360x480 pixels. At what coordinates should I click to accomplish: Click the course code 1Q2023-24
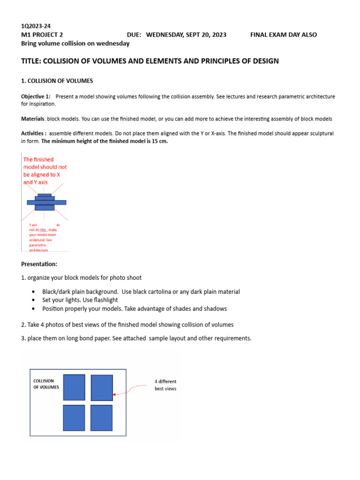click(x=36, y=26)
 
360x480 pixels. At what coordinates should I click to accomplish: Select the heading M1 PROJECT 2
click(x=42, y=35)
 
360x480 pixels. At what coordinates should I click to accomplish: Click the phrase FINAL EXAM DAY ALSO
click(x=284, y=35)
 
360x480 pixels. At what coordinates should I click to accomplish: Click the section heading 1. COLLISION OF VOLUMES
click(x=57, y=81)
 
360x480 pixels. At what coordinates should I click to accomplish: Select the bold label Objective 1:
click(x=36, y=97)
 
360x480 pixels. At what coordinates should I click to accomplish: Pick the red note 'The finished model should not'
click(x=45, y=163)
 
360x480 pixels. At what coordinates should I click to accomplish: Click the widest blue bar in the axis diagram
click(x=46, y=202)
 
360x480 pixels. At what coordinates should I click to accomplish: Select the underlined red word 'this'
click(x=44, y=230)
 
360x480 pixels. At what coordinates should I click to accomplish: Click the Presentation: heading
click(x=39, y=264)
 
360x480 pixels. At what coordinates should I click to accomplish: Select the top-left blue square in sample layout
click(x=74, y=387)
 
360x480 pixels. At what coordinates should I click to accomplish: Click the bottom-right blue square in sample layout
click(x=101, y=418)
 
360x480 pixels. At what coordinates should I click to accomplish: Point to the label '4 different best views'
click(x=165, y=385)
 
